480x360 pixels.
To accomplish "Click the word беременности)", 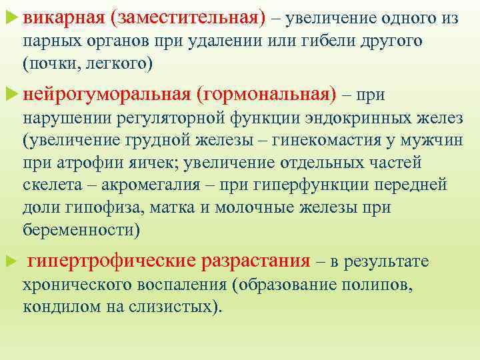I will pos(82,229).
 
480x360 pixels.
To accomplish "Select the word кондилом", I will pos(56,307).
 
